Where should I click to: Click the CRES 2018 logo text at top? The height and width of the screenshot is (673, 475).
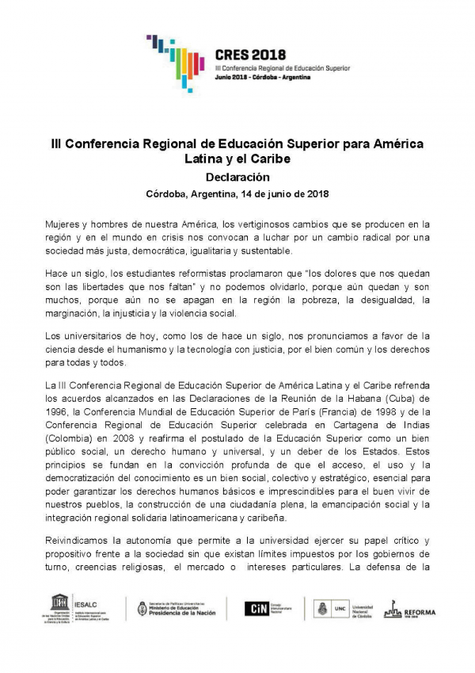pyautogui.click(x=253, y=55)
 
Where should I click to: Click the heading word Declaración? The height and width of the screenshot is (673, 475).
pyautogui.click(x=237, y=177)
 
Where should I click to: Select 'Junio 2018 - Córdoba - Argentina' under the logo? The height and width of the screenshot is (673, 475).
pyautogui.click(x=263, y=78)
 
